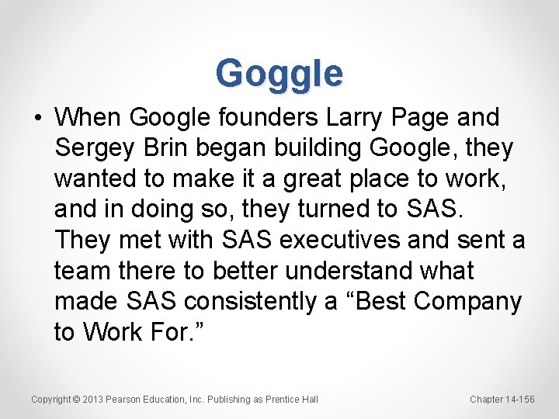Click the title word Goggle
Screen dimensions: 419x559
click(279, 73)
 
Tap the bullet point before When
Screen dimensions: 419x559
click(38, 119)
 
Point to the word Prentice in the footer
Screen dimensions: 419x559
click(283, 400)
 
